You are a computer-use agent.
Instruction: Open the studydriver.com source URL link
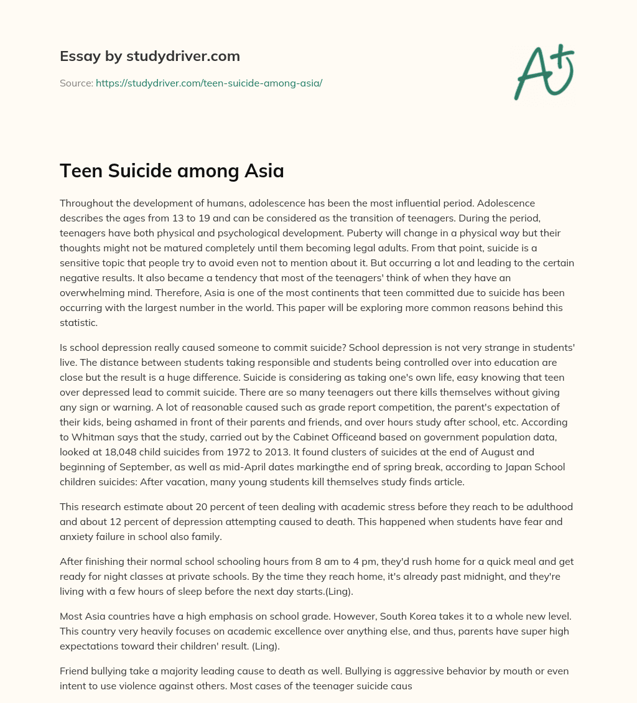tap(208, 83)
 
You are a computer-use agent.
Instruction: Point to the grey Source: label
tap(76, 83)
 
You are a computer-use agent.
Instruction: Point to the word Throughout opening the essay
tap(86, 203)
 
